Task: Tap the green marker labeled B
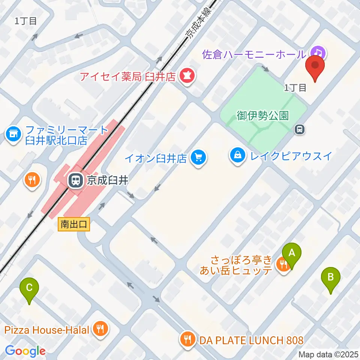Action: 331,278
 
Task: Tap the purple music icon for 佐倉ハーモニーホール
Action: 318,53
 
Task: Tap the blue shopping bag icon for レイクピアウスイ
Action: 238,154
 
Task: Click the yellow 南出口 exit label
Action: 74,225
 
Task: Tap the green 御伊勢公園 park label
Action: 263,116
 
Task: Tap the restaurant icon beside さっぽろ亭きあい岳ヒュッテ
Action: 282,265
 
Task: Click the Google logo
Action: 25,351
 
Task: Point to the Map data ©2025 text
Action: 328,354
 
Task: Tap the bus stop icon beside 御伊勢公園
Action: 300,130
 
